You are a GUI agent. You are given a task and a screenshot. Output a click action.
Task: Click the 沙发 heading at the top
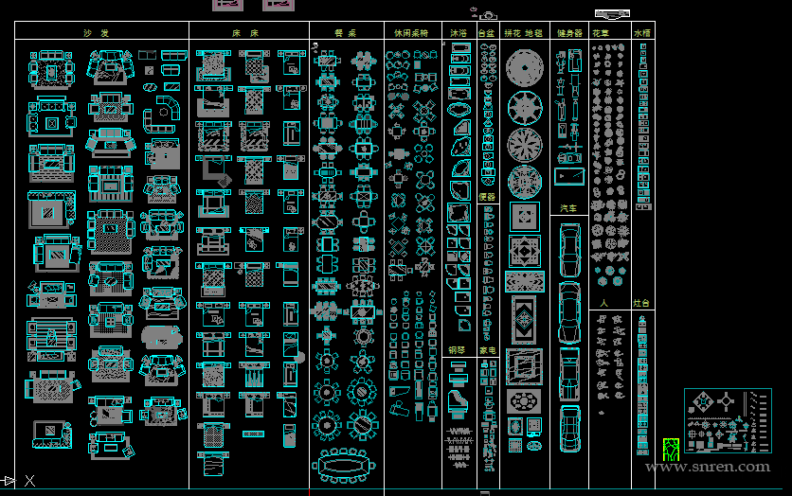coord(96,33)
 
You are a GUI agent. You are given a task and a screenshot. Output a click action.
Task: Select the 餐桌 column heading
coord(345,33)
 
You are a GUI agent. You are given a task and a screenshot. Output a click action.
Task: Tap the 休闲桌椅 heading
coord(411,33)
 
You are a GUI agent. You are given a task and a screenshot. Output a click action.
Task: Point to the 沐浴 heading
coord(459,33)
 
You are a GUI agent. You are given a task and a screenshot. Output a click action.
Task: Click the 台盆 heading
coord(487,33)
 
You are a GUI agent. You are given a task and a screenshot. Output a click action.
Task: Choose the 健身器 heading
coord(570,33)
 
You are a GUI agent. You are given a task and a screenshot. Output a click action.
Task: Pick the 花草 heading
coord(601,33)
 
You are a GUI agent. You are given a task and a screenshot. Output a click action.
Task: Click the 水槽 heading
coord(642,33)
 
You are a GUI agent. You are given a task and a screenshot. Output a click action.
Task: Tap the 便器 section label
coord(487,197)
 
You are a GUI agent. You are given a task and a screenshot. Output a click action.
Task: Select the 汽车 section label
coord(568,207)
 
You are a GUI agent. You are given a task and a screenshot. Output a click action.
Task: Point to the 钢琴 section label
coord(457,350)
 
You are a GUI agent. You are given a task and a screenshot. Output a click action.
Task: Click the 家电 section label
coord(487,350)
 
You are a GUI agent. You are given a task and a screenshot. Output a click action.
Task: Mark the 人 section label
coord(603,304)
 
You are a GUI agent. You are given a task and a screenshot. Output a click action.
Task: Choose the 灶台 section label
coord(641,304)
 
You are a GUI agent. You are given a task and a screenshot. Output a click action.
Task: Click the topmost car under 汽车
coord(569,248)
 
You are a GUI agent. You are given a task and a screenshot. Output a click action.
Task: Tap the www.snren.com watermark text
coord(708,466)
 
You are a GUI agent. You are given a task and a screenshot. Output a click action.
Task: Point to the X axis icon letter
coord(30,481)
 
